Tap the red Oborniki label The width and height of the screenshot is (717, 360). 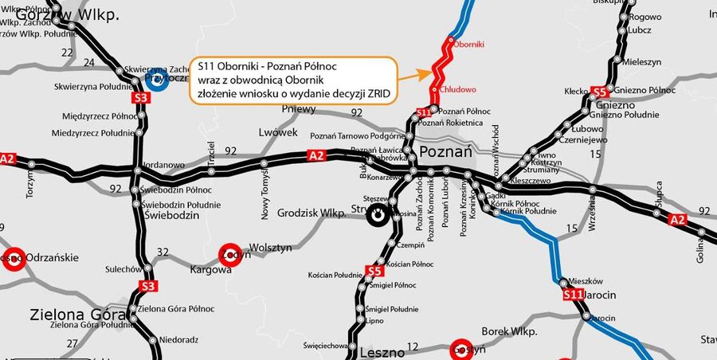(x=469, y=45)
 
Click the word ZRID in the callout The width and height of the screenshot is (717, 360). (x=377, y=93)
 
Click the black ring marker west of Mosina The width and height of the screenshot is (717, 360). (x=379, y=213)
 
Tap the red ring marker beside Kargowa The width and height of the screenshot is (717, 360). (x=229, y=253)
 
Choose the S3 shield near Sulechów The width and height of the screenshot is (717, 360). (x=147, y=286)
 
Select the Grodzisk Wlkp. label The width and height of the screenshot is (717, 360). (x=310, y=213)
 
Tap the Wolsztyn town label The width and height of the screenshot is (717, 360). (x=272, y=248)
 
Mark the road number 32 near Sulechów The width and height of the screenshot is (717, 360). (x=163, y=252)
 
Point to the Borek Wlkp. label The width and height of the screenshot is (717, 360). (x=510, y=331)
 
